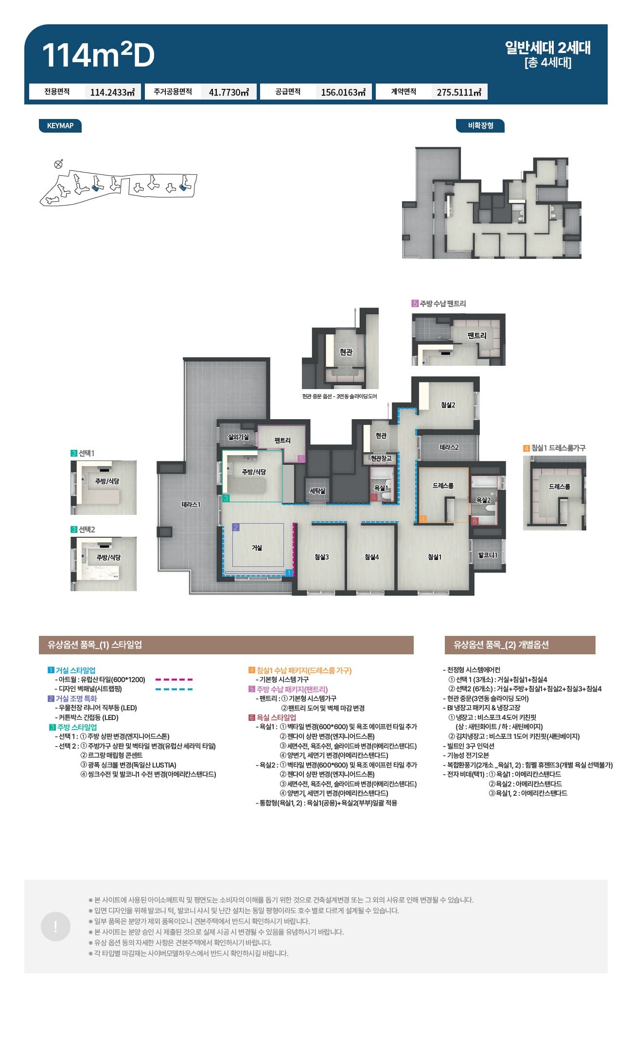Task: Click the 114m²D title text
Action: click(98, 55)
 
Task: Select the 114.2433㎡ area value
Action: click(112, 92)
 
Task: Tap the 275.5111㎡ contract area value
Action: click(459, 92)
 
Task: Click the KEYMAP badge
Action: click(60, 126)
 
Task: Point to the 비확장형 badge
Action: click(480, 126)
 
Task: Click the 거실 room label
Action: click(257, 548)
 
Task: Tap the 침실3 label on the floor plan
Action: click(321, 557)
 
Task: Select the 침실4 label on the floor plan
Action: click(371, 557)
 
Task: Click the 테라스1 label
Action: click(191, 505)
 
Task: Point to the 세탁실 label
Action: click(317, 491)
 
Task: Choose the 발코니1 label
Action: click(488, 555)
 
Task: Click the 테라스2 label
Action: click(449, 447)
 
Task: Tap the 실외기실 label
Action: click(238, 437)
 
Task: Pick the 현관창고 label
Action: click(381, 458)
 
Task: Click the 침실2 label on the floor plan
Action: click(448, 405)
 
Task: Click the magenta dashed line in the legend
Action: click(174, 680)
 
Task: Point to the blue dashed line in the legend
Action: click(174, 689)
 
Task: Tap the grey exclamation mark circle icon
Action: click(55, 927)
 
